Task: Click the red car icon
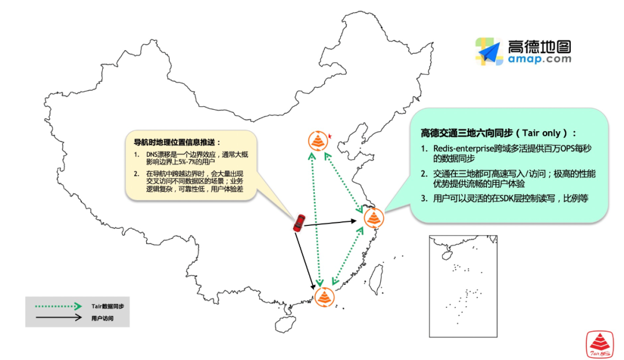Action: (x=299, y=223)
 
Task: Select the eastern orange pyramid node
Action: (x=374, y=218)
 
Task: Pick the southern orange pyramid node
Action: (x=324, y=297)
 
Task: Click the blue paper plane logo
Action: (x=489, y=53)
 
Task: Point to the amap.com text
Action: (x=540, y=59)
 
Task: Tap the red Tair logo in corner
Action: (x=600, y=345)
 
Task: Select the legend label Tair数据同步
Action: (x=107, y=306)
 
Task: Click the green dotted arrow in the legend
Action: (x=58, y=306)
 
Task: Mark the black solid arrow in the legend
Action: (x=58, y=317)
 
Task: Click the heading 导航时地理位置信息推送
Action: (x=177, y=142)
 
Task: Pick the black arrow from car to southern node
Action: (x=307, y=260)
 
